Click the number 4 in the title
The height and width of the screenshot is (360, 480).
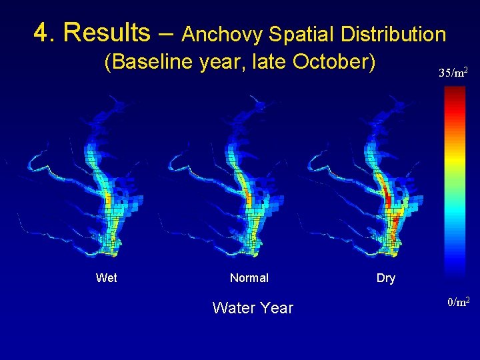tap(42, 32)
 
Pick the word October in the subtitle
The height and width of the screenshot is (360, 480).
tap(337, 62)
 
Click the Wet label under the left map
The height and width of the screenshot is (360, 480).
tap(107, 278)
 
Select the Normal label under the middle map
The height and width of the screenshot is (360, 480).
tap(249, 278)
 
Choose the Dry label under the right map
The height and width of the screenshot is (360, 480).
tap(386, 278)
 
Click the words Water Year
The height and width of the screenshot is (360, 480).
tap(253, 307)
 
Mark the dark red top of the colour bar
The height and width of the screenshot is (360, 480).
tap(455, 93)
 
